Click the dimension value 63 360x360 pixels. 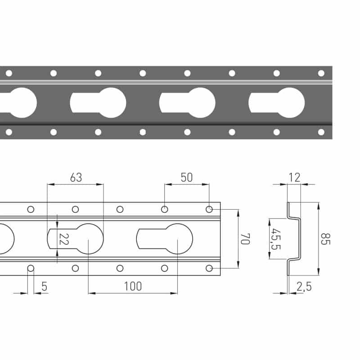pyautogui.click(x=76, y=177)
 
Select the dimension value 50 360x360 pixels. pyautogui.click(x=187, y=177)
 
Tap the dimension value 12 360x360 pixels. pyautogui.click(x=295, y=177)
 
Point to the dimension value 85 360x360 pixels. pyautogui.click(x=325, y=239)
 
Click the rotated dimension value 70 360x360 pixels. pyautogui.click(x=245, y=239)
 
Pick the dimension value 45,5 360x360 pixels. pyautogui.click(x=276, y=239)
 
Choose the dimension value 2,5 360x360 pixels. pyautogui.click(x=304, y=287)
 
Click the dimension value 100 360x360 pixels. pyautogui.click(x=133, y=286)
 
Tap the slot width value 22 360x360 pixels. pyautogui.click(x=64, y=239)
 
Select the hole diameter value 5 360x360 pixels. pyautogui.click(x=44, y=286)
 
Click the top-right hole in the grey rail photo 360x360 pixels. pyautogui.click(x=321, y=73)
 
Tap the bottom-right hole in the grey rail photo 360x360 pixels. pyautogui.click(x=321, y=132)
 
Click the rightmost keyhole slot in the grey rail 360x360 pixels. pyautogui.click(x=277, y=103)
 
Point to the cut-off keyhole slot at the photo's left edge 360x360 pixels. pyautogui.click(x=18, y=103)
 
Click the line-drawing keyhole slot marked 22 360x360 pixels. pyautogui.click(x=75, y=239)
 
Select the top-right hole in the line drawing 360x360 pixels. pyautogui.click(x=209, y=209)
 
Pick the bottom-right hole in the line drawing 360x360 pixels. pyautogui.click(x=209, y=268)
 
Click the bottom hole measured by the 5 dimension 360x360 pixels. pyautogui.click(x=31, y=268)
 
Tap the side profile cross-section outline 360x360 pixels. pyautogui.click(x=294, y=239)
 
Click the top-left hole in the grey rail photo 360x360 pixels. pyautogui.click(x=9, y=73)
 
